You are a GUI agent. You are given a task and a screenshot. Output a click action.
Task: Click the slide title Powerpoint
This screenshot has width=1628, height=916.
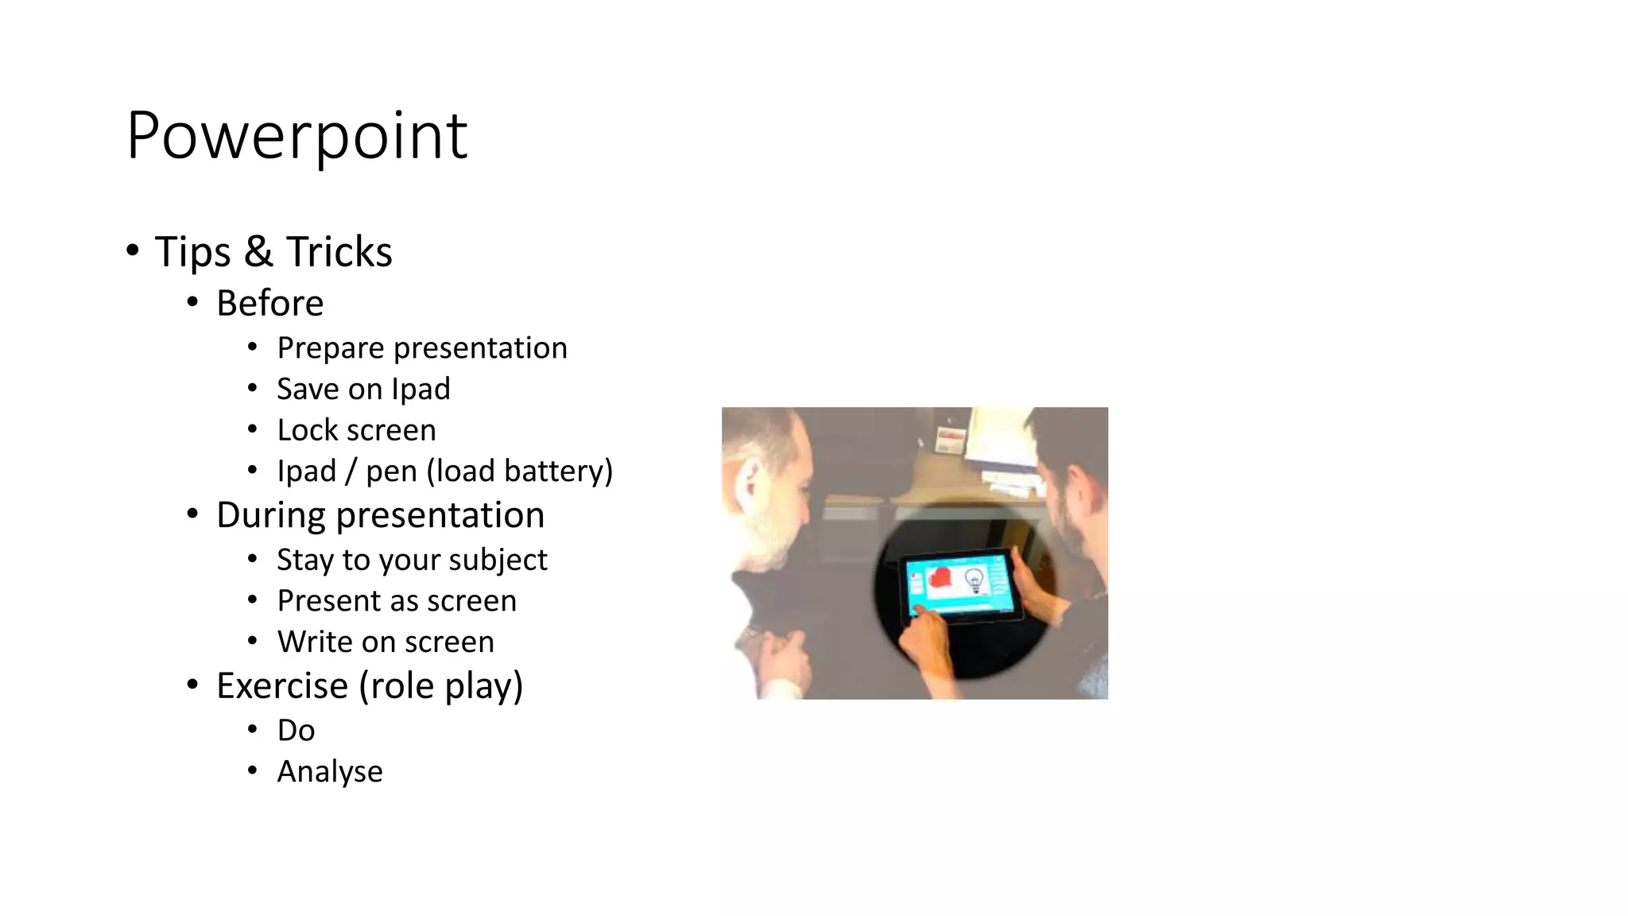point(297,137)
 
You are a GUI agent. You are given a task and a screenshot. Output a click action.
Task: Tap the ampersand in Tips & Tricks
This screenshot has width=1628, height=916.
point(258,252)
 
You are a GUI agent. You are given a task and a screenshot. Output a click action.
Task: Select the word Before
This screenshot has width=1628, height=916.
point(269,304)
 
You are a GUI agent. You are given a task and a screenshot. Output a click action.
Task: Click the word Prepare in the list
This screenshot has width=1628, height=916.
point(331,349)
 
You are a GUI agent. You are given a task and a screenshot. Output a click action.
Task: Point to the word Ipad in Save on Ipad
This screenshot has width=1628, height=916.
point(421,390)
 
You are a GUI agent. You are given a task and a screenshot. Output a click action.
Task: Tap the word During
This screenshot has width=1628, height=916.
point(270,516)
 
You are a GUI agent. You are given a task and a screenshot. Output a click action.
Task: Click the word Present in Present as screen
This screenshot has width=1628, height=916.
point(328,601)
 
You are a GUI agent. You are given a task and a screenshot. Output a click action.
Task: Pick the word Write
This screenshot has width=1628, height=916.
point(315,642)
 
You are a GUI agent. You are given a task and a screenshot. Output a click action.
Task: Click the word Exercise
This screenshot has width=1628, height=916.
point(281,686)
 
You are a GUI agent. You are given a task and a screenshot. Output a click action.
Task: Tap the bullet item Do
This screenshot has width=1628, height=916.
point(296,731)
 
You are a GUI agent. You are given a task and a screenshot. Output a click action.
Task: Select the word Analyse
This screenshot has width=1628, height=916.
point(330,772)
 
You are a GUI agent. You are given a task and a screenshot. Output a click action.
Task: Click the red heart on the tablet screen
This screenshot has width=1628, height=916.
point(940,578)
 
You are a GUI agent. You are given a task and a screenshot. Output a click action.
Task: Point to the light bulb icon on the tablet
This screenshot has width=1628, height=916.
point(974,580)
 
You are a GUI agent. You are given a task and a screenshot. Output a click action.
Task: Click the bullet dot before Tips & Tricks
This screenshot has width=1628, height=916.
point(133,251)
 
